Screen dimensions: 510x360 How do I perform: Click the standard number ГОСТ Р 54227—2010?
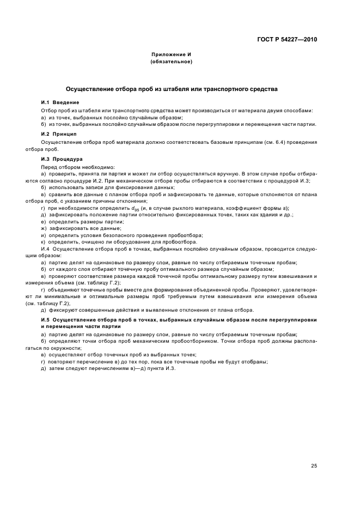pos(286,40)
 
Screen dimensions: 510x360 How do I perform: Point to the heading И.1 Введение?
pos(60,102)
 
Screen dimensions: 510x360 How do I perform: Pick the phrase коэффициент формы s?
pos(260,208)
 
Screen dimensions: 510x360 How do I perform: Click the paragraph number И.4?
pos(46,248)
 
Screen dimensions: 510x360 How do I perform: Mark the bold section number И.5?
pos(46,318)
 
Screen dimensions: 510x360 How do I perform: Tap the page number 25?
pos(314,450)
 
